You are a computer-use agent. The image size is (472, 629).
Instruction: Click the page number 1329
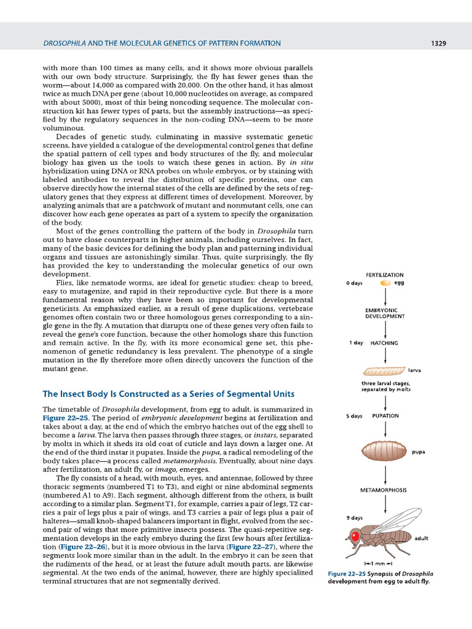[438, 43]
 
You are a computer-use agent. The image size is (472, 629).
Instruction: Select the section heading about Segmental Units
[168, 394]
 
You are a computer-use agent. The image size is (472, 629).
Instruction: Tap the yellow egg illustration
[385, 283]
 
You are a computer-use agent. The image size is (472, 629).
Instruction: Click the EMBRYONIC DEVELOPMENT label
[385, 313]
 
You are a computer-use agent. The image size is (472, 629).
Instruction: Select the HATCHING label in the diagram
[384, 343]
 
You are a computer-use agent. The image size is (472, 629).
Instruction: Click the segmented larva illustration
[385, 371]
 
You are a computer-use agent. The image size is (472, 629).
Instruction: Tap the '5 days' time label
[354, 416]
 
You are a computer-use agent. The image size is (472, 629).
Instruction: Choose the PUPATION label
[385, 416]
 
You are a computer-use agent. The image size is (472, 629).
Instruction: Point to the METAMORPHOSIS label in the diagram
[385, 490]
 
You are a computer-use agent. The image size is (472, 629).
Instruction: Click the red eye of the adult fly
[355, 537]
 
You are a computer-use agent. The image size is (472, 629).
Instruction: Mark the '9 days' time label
[354, 518]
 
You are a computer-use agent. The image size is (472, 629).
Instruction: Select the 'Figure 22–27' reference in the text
[252, 547]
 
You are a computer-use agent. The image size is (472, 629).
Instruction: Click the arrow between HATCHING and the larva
[385, 355]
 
